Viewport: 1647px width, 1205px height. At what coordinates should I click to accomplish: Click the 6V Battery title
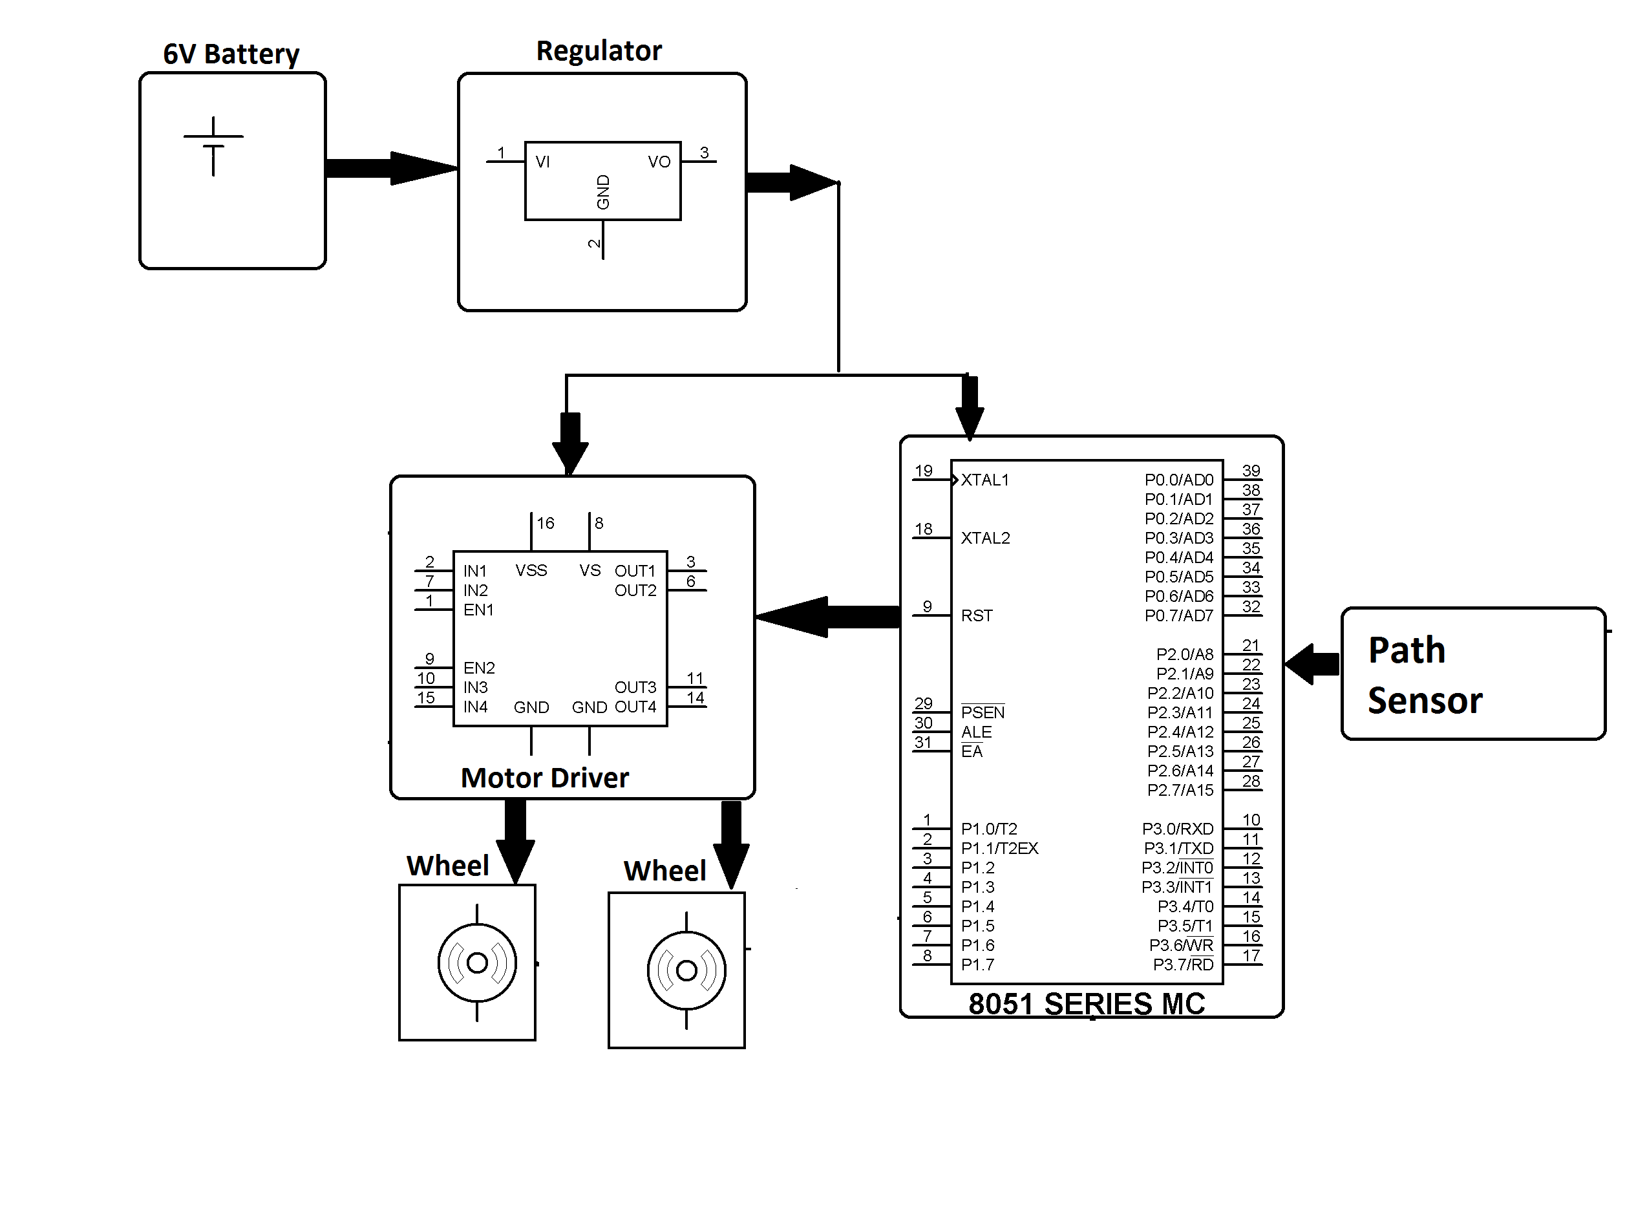pos(231,54)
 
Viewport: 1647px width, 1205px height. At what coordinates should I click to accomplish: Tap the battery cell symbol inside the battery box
pos(213,147)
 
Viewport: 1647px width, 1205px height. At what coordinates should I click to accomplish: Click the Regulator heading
pos(598,51)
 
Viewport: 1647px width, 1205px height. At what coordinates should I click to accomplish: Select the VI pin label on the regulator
pos(542,162)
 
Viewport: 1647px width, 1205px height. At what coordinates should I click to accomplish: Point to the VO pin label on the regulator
pos(658,162)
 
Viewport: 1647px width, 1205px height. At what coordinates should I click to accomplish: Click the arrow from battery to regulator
pos(390,168)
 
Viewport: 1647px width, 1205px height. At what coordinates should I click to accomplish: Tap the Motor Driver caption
pos(544,778)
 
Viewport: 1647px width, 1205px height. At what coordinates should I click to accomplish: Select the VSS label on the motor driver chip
pos(530,570)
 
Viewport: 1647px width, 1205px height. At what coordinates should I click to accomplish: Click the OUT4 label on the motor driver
pos(635,707)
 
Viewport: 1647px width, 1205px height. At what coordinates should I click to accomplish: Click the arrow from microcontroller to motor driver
pos(827,617)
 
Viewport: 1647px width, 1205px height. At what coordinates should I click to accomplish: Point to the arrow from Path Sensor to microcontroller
pos(1311,664)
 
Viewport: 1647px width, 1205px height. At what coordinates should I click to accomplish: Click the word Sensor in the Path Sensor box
pos(1424,701)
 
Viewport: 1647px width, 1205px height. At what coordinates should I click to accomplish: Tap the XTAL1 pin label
pos(984,480)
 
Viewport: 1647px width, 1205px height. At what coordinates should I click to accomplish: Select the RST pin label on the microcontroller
pos(976,615)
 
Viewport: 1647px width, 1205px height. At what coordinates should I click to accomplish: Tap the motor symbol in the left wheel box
pos(476,963)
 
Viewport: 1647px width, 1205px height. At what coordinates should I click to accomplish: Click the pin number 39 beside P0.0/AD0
pos(1250,471)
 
